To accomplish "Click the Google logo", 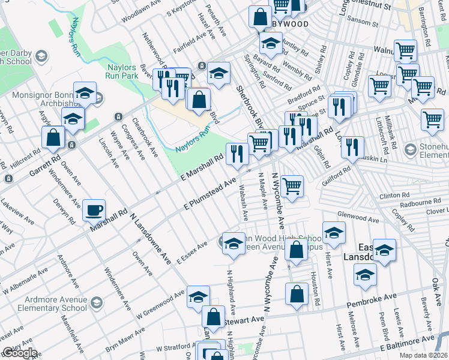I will (x=19, y=353).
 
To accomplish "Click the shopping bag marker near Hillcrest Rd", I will (x=54, y=137).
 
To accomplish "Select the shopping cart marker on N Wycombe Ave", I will (x=292, y=187).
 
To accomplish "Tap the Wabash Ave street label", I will (x=246, y=207).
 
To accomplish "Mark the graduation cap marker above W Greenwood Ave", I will (x=197, y=298).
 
